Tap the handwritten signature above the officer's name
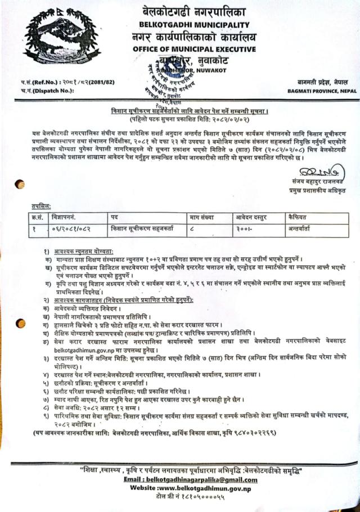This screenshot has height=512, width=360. point(315,169)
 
